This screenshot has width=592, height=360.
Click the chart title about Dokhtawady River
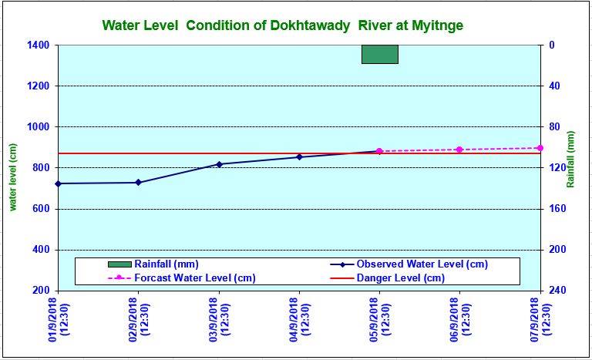282,25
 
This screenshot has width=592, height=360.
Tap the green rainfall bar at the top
380,54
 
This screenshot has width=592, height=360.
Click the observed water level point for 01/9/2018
58,183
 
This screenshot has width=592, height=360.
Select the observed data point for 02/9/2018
139,183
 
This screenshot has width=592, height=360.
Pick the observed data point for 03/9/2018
219,164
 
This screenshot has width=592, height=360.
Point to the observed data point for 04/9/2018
299,157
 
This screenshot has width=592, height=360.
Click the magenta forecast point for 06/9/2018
459,150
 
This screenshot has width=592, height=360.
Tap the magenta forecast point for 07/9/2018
540,148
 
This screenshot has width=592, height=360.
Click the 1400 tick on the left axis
37,45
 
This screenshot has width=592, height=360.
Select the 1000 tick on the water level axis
37,127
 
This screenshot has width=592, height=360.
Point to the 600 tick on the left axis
40,209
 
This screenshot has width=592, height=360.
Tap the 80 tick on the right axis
553,127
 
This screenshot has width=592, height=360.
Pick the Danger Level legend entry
400,278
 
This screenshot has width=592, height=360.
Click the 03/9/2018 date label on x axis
224,323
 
